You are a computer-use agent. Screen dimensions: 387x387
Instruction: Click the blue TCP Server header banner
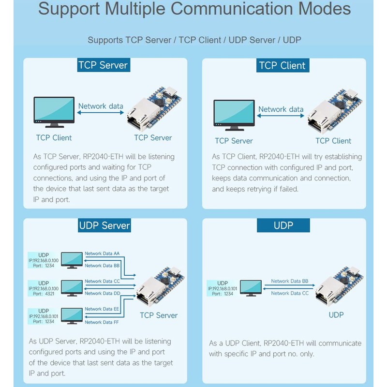[104, 65]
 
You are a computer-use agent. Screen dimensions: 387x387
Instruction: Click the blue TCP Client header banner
[283, 65]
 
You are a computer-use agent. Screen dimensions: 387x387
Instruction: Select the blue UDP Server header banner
[104, 225]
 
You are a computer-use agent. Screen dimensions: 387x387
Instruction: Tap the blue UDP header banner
[283, 225]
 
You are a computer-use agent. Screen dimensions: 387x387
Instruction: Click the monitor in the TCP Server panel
[54, 112]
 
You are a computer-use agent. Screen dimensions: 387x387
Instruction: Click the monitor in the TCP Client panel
[234, 115]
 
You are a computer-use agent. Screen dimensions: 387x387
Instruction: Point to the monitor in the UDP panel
[251, 288]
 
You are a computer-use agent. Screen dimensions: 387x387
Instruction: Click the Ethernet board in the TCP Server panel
[154, 108]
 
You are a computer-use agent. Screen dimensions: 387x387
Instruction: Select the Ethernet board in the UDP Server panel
[161, 287]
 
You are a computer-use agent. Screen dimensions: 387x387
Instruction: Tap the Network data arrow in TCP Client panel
[281, 116]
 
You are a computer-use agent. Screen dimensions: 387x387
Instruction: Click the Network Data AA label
[102, 253]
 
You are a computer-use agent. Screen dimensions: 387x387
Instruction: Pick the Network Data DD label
[103, 293]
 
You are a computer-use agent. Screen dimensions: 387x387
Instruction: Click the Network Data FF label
[102, 322]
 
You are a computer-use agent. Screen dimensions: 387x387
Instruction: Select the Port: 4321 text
[44, 294]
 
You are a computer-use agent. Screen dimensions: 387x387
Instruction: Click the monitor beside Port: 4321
[72, 288]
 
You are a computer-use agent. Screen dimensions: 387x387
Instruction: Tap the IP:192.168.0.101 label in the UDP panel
[223, 288]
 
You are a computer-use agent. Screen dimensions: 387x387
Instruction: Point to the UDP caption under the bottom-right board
[336, 315]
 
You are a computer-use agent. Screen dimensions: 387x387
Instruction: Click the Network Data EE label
[102, 309]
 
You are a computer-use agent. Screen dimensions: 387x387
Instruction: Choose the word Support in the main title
[69, 9]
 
